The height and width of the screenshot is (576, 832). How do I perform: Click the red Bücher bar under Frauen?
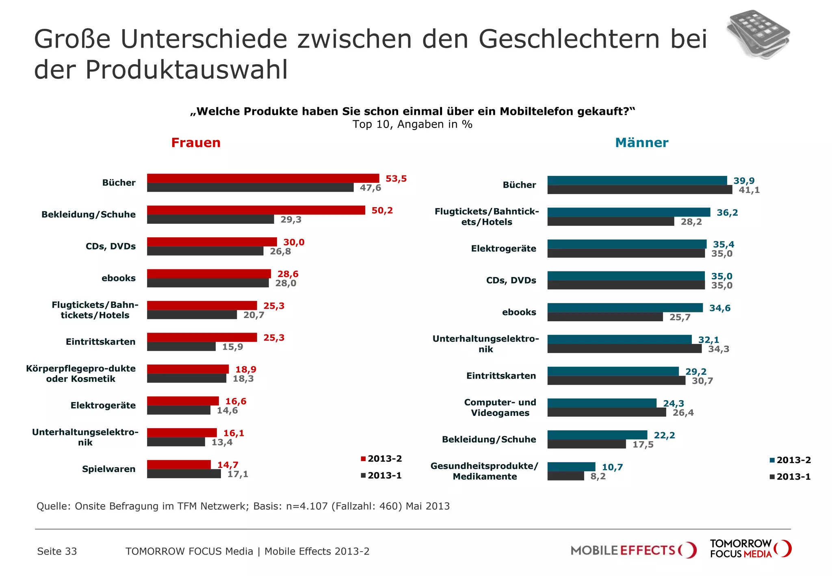(263, 178)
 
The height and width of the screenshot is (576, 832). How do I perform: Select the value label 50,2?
(382, 210)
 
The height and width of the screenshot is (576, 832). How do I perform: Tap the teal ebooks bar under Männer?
(625, 308)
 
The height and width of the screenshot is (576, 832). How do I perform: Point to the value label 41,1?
(749, 190)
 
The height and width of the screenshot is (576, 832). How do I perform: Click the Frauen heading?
(196, 143)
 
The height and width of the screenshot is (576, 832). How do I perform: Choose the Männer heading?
(641, 143)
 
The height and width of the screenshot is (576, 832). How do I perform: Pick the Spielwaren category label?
(108, 469)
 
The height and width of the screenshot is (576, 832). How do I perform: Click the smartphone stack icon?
(758, 35)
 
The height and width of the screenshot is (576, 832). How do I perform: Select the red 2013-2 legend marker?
(363, 459)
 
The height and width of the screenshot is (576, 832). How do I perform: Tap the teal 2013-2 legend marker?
(772, 460)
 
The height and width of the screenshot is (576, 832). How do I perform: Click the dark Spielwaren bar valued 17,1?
(184, 474)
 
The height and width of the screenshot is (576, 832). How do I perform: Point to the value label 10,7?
(612, 467)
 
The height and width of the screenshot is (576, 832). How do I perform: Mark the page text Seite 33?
(57, 551)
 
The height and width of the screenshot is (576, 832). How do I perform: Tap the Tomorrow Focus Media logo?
(750, 549)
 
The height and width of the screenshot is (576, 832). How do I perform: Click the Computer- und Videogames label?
(500, 407)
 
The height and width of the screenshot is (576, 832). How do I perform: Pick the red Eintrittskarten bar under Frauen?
(202, 337)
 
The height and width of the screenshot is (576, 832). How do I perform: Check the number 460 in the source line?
(388, 506)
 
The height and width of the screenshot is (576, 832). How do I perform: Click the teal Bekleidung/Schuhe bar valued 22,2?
(597, 435)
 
